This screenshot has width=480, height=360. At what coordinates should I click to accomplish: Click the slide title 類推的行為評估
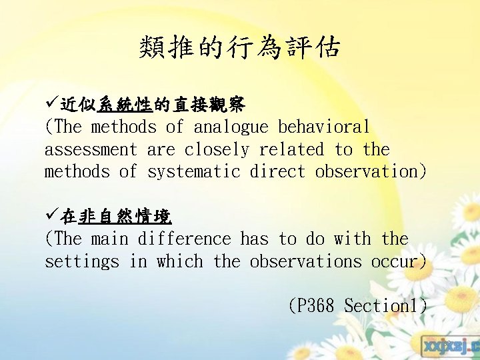(240, 48)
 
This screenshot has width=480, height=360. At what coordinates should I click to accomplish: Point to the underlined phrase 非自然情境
(125, 216)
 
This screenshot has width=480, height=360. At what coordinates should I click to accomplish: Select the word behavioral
(324, 127)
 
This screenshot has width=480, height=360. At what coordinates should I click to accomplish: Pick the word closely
(217, 149)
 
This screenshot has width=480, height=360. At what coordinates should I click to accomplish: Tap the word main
(109, 239)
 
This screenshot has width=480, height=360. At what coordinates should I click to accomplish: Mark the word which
(179, 261)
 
